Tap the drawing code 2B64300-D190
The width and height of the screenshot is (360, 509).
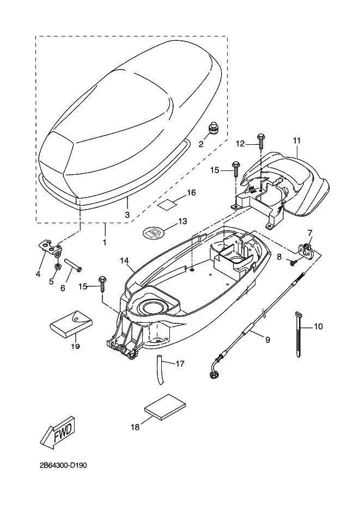point(64,465)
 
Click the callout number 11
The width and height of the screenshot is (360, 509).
point(297,140)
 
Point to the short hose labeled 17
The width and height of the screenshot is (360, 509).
point(160,370)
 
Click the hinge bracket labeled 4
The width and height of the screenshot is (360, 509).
point(50,247)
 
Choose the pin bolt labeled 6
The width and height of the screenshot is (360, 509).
point(74,263)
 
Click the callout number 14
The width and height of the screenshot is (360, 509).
point(124,260)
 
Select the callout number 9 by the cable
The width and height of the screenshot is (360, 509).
point(267,340)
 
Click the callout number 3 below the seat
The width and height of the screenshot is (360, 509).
point(127,214)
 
